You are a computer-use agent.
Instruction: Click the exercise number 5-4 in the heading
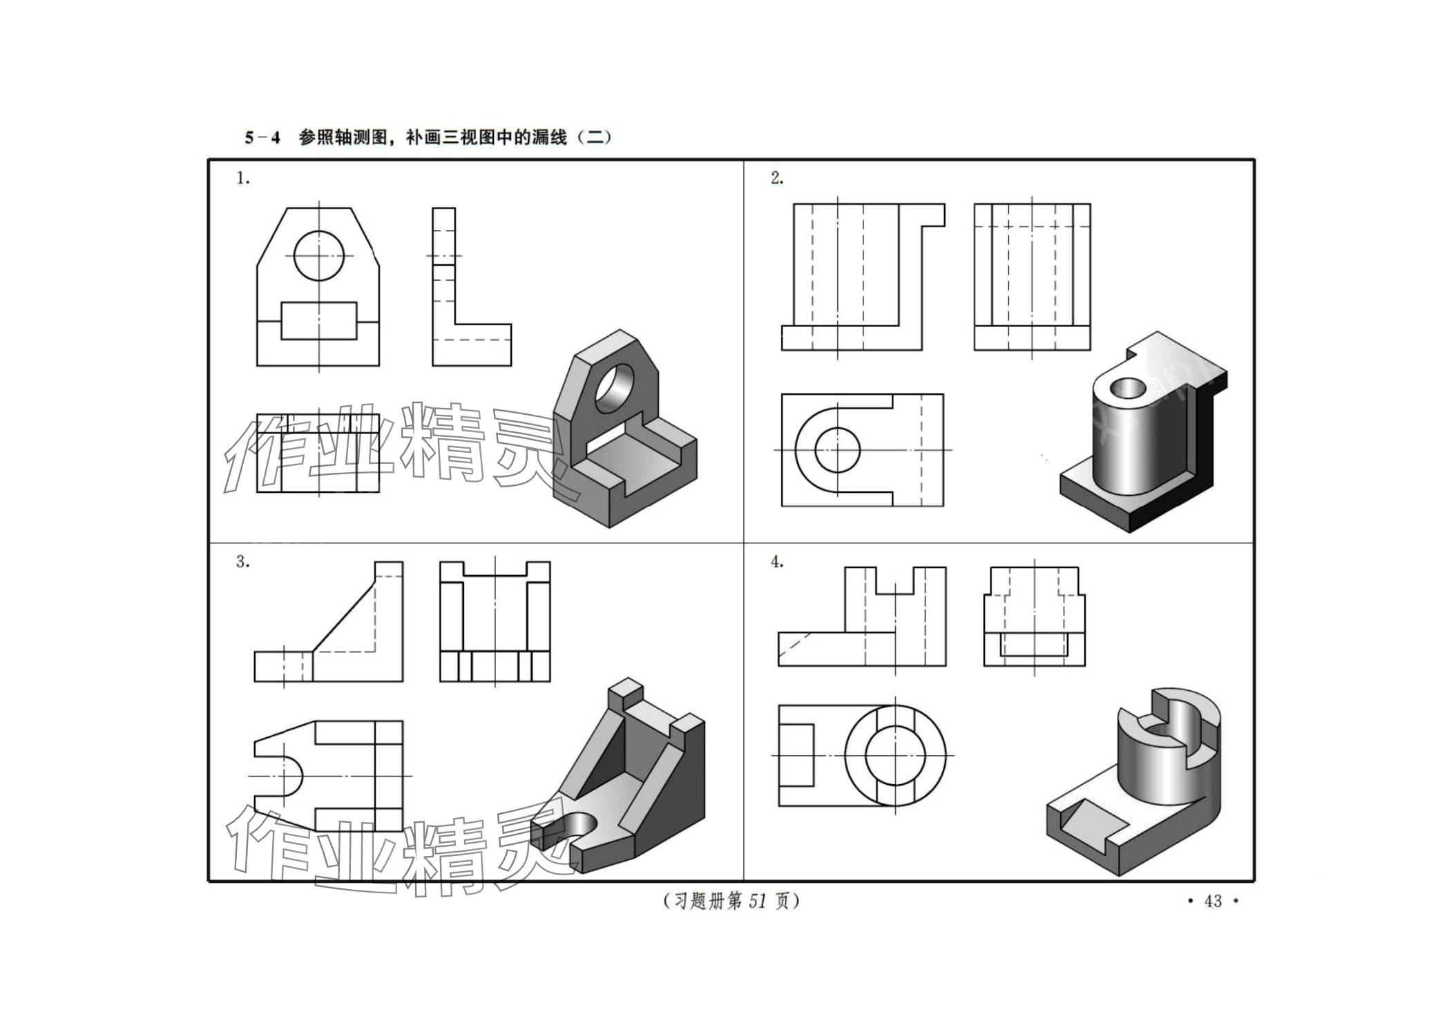(262, 137)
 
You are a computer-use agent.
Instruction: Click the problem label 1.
(242, 178)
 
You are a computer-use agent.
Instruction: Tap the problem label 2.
(777, 178)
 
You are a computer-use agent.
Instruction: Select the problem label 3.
(242, 562)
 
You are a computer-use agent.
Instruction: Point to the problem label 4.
(777, 562)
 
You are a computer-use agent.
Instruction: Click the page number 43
(1213, 901)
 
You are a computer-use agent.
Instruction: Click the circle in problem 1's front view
(318, 255)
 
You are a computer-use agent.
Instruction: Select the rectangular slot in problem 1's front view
(318, 320)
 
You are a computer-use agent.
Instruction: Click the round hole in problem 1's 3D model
(615, 388)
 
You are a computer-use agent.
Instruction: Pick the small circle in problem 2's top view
(837, 449)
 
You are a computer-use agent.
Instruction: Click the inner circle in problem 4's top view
(895, 754)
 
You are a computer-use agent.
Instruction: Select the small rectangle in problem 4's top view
(796, 754)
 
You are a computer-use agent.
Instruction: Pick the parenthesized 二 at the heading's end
(594, 137)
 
